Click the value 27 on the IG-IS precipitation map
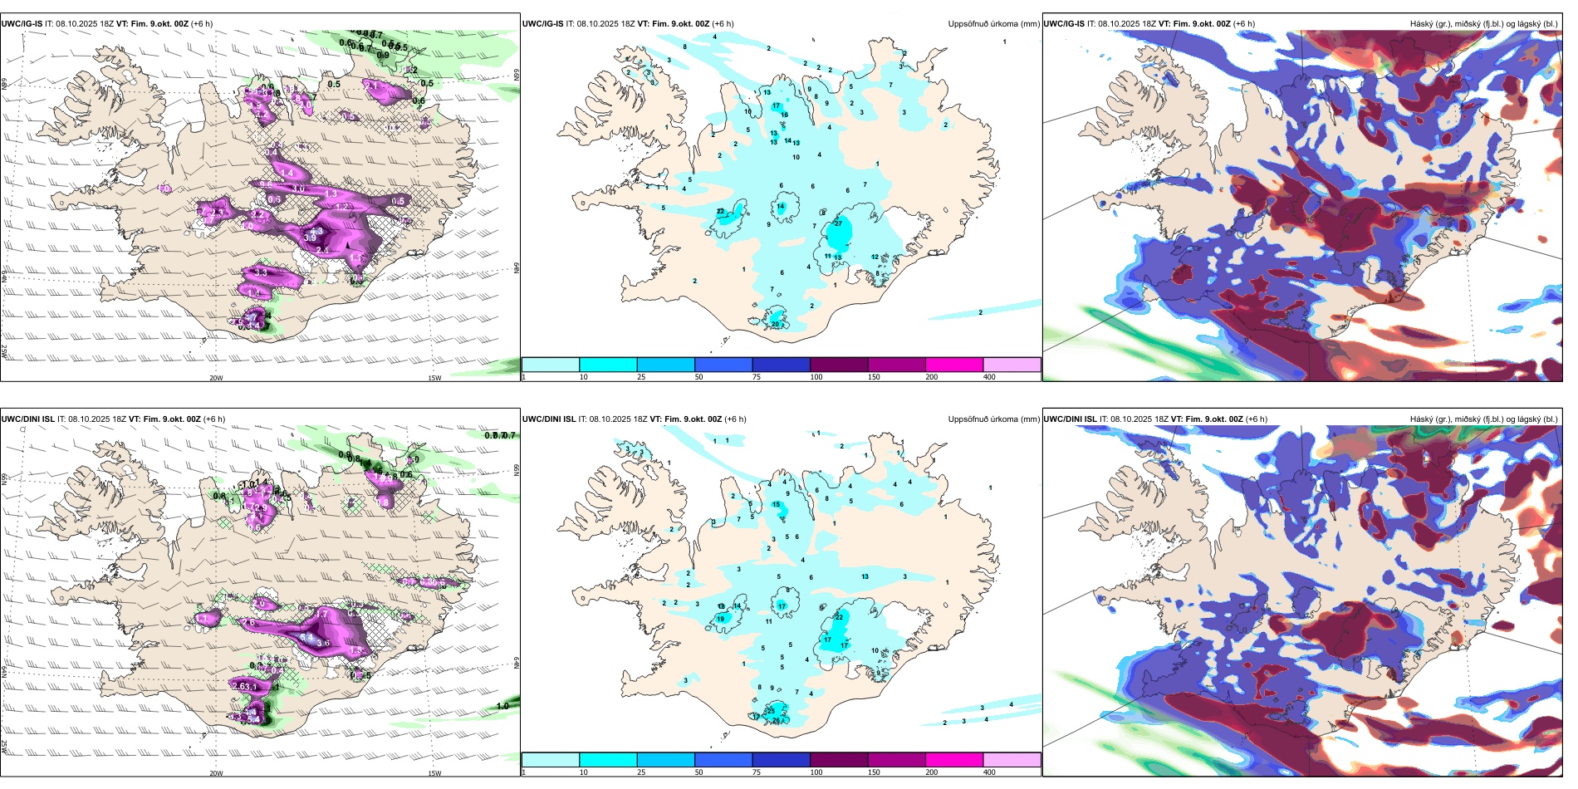pyautogui.click(x=838, y=223)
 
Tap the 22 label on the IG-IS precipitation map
pyautogui.click(x=720, y=212)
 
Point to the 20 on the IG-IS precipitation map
pyautogui.click(x=775, y=324)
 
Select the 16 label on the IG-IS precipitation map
pyautogui.click(x=784, y=115)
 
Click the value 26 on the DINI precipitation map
pyautogui.click(x=777, y=721)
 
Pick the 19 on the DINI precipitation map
pyautogui.click(x=720, y=619)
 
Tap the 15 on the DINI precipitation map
pyautogui.click(x=777, y=505)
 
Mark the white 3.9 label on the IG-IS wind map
pyautogui.click(x=310, y=238)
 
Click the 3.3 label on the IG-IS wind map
pyautogui.click(x=261, y=272)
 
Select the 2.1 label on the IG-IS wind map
pyautogui.click(x=372, y=86)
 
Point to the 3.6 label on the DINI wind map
pyautogui.click(x=323, y=643)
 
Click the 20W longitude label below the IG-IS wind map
pyautogui.click(x=216, y=378)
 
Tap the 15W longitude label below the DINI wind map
pyautogui.click(x=434, y=773)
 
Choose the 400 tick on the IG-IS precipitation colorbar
pyautogui.click(x=989, y=377)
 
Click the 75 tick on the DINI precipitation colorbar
pyautogui.click(x=757, y=772)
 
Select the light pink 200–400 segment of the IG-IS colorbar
pyautogui.click(x=1012, y=365)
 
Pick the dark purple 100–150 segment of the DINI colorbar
pyautogui.click(x=839, y=760)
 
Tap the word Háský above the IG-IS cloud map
pyautogui.click(x=1422, y=24)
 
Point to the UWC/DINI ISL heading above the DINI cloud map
pyautogui.click(x=1070, y=419)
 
